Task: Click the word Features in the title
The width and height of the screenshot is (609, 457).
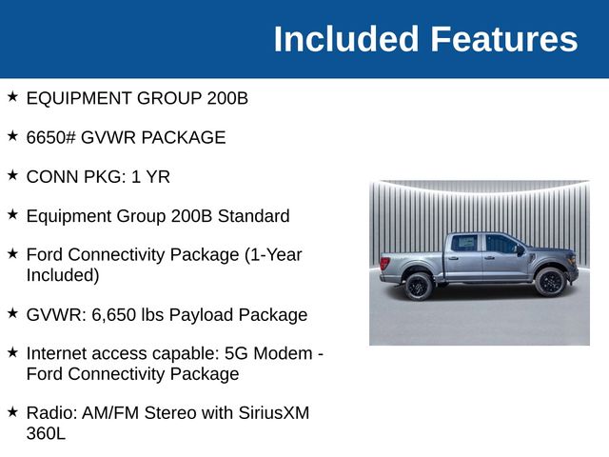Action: (x=503, y=39)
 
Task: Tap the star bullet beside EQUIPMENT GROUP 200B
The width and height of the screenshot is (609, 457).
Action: (x=12, y=97)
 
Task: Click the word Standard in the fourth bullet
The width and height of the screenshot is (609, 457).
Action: (x=254, y=216)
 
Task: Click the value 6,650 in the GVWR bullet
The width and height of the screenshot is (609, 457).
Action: (x=117, y=314)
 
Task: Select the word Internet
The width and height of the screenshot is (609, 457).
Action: (x=57, y=353)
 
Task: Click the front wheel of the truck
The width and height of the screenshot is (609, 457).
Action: (x=549, y=282)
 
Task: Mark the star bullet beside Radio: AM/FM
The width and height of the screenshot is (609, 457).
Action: (x=12, y=411)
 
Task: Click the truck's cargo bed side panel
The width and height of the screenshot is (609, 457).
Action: (x=410, y=263)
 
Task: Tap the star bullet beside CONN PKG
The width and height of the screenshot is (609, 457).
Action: (x=12, y=176)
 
